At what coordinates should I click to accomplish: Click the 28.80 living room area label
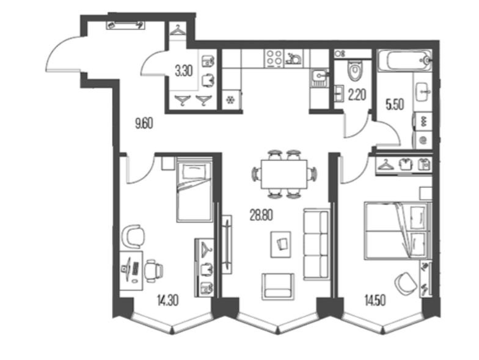tap(261, 216)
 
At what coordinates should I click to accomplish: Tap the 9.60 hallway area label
tap(144, 124)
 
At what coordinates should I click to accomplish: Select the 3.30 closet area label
tap(183, 72)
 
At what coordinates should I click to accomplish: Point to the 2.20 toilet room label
tap(357, 95)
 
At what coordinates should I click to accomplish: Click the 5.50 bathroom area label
tap(395, 105)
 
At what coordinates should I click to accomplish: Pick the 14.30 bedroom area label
tap(167, 301)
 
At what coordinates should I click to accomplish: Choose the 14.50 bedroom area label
tap(375, 301)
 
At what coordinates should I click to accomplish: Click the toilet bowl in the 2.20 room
tap(355, 71)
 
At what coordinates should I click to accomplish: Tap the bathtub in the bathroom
tap(404, 61)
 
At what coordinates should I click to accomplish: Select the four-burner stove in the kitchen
tap(274, 58)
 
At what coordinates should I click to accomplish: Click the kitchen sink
tap(320, 78)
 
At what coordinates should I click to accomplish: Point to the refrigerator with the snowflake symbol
tap(231, 100)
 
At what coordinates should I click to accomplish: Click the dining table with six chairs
tap(284, 174)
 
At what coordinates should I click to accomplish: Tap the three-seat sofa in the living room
tap(316, 244)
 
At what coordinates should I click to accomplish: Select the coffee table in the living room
tap(281, 244)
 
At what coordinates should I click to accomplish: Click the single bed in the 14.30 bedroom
tap(194, 189)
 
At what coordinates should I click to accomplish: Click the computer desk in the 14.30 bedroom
tap(131, 271)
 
